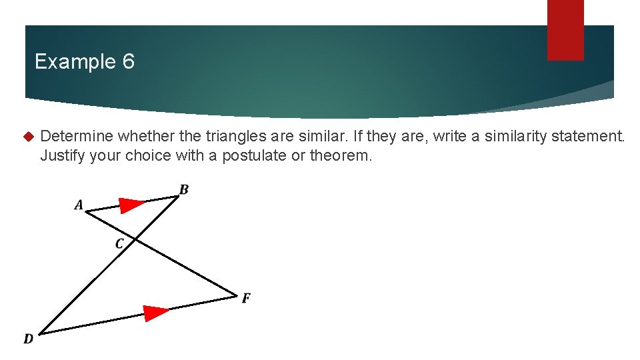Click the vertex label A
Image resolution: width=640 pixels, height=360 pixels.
(79, 205)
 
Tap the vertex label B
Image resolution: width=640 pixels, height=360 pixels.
(184, 190)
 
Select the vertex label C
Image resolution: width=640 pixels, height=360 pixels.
(119, 244)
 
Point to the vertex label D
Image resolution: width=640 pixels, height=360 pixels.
(29, 339)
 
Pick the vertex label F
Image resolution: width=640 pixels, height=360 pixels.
(246, 298)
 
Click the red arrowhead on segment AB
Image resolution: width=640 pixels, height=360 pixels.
(132, 205)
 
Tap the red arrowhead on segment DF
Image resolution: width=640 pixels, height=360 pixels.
(157, 312)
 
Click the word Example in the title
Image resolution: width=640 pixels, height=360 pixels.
(75, 62)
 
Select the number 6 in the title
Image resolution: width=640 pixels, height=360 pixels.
(128, 62)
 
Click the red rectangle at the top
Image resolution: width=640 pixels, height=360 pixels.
(565, 29)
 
